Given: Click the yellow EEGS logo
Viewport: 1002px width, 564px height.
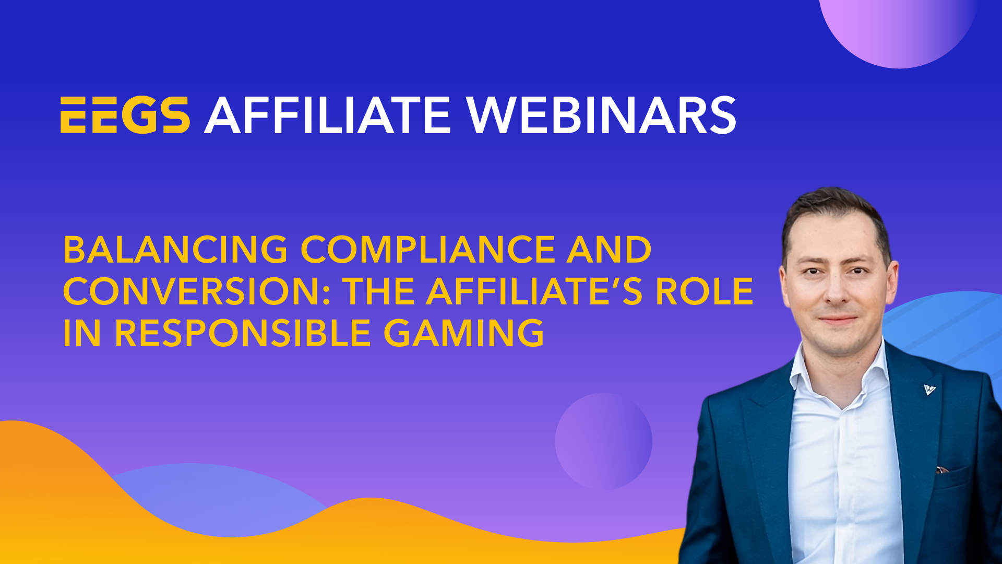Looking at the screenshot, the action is [x=125, y=115].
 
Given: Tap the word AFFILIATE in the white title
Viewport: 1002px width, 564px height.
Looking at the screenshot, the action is [x=327, y=115].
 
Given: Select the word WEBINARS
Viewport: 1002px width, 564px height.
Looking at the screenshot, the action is [x=601, y=115].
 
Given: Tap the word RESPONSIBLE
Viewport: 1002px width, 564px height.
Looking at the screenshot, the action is [x=243, y=333].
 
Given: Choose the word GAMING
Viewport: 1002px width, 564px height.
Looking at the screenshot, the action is [x=464, y=333].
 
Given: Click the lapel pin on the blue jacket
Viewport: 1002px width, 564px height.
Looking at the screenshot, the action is [x=929, y=389].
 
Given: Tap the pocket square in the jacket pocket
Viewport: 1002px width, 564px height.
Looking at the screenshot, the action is [x=942, y=470].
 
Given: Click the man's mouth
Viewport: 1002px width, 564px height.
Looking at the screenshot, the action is [x=838, y=319].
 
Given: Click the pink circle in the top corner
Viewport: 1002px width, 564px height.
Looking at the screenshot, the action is [x=899, y=29].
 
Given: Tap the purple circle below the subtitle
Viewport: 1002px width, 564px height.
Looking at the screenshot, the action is [x=603, y=441].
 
